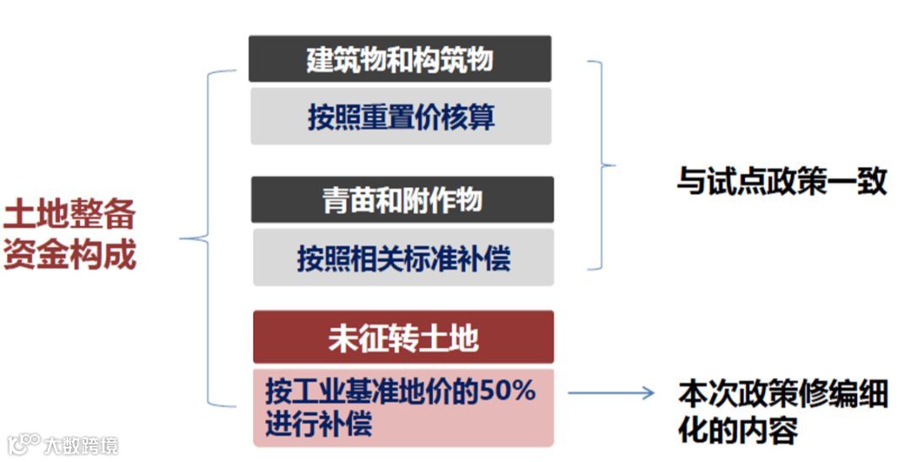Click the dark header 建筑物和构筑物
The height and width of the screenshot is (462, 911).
pyautogui.click(x=400, y=60)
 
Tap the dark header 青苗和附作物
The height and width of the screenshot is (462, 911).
pyautogui.click(x=402, y=201)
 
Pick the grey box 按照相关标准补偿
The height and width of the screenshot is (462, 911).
pyautogui.click(x=403, y=258)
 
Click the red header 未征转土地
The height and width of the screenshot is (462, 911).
pyautogui.click(x=403, y=337)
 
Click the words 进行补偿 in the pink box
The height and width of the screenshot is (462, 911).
pyautogui.click(x=318, y=422)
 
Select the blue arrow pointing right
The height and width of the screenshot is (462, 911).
pyautogui.click(x=611, y=393)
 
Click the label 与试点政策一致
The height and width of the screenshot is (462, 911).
pyautogui.click(x=781, y=181)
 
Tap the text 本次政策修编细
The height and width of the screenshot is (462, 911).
pyautogui.click(x=783, y=395)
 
